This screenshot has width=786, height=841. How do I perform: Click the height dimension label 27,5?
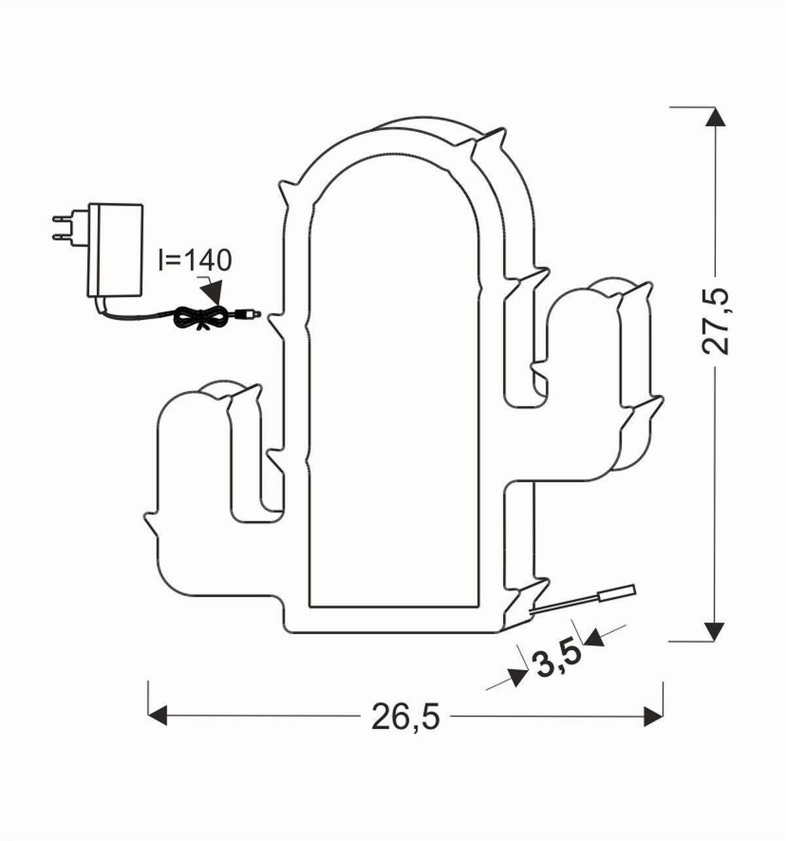click(715, 320)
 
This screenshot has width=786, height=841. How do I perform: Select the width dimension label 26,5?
click(405, 717)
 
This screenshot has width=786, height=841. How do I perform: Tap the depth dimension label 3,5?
click(558, 661)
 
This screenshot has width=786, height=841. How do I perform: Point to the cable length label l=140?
click(195, 260)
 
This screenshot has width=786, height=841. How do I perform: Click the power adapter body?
click(116, 249)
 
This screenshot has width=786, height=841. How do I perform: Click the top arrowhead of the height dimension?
click(715, 118)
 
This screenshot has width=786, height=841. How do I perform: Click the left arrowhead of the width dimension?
click(158, 716)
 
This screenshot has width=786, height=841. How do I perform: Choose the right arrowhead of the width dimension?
click(653, 716)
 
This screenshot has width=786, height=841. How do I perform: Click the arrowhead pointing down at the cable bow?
click(213, 291)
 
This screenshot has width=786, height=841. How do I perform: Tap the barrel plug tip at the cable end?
click(249, 314)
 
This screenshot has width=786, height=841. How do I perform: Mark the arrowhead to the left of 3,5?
click(517, 677)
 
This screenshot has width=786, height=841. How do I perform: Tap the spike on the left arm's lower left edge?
click(150, 521)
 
